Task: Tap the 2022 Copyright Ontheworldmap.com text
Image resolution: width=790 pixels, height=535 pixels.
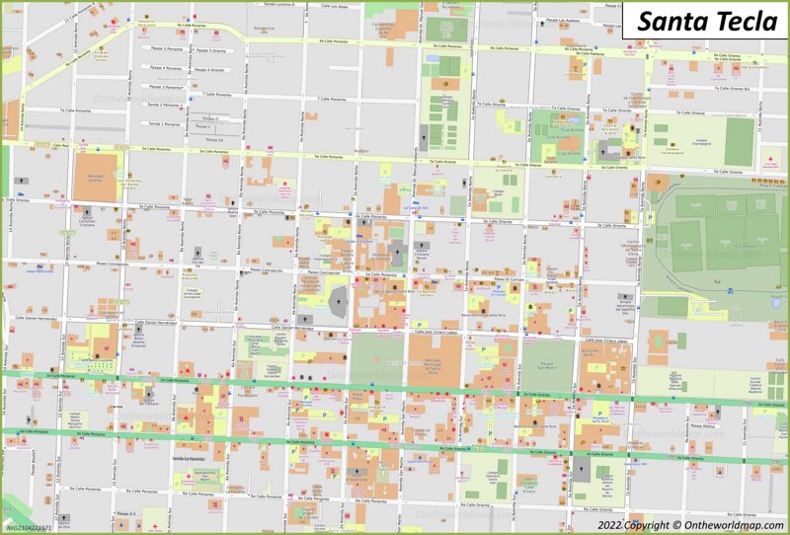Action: tap(690, 523)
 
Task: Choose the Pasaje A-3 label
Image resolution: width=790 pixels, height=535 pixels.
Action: tap(125, 513)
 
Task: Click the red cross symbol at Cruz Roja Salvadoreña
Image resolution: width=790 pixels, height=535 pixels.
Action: tap(768, 158)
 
